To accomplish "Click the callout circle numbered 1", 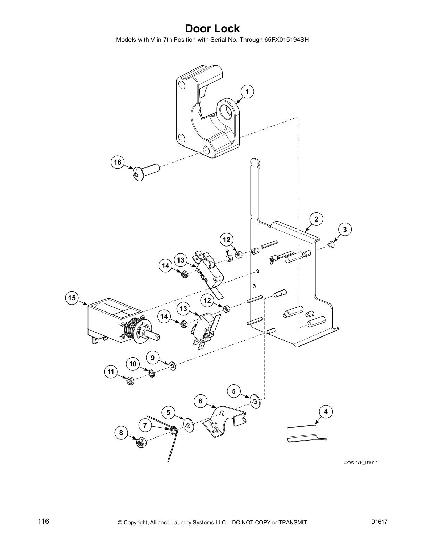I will click(x=247, y=92).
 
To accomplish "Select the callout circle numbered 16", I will click(x=118, y=162).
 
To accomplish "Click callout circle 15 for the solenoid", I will click(x=72, y=298).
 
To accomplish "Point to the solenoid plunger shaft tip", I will click(x=156, y=336).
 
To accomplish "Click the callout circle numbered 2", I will click(x=316, y=219).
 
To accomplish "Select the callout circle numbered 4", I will click(x=325, y=412).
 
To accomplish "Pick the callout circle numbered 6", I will click(x=200, y=401).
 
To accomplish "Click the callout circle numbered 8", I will click(x=121, y=433).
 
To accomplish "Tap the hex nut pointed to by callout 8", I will click(x=140, y=443).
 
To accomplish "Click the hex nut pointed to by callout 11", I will click(x=130, y=381).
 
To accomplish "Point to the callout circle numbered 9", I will click(x=152, y=357).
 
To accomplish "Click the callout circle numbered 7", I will click(x=145, y=425).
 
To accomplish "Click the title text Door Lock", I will click(x=212, y=28).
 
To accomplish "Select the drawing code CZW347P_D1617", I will click(x=360, y=462).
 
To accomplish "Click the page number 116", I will click(x=43, y=522).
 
